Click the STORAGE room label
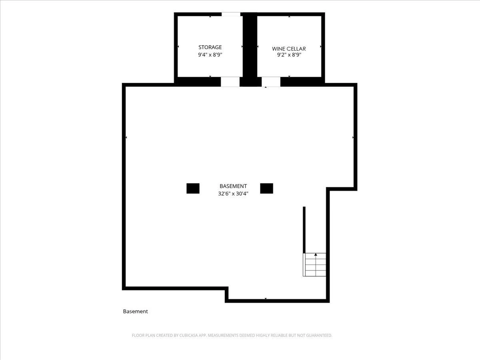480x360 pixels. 210,47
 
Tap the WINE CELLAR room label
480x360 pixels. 289,49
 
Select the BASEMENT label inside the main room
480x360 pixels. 233,186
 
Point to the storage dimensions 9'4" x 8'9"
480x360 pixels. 210,55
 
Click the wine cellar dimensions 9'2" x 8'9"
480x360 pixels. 289,55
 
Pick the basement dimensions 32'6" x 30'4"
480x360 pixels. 233,194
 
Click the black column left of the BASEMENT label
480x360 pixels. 193,188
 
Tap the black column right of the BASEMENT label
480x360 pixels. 266,188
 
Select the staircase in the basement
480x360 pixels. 314,265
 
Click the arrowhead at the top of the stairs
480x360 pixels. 316,254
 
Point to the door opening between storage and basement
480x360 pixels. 230,82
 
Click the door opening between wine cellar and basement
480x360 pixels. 271,82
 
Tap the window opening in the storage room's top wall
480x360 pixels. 231,14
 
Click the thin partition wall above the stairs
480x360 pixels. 304,230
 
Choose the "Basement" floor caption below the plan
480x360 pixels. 135,311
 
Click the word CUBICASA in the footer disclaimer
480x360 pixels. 188,335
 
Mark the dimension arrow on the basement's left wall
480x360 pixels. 126,138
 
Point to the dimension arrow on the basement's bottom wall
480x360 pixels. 266,298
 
